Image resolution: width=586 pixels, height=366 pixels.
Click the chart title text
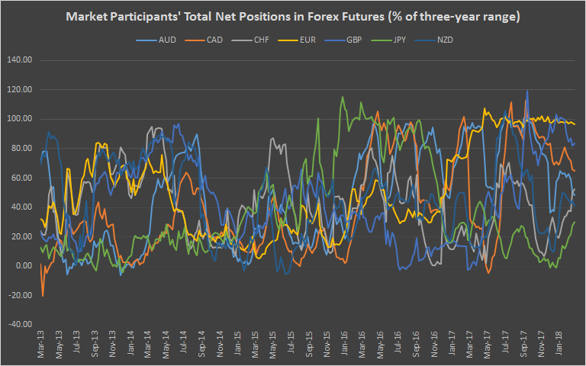point(293,17)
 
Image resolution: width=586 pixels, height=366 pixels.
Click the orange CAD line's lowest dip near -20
point(43,295)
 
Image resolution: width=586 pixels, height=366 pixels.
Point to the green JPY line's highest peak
point(343,97)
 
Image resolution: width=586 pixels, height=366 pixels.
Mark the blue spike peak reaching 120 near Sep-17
point(526,91)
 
